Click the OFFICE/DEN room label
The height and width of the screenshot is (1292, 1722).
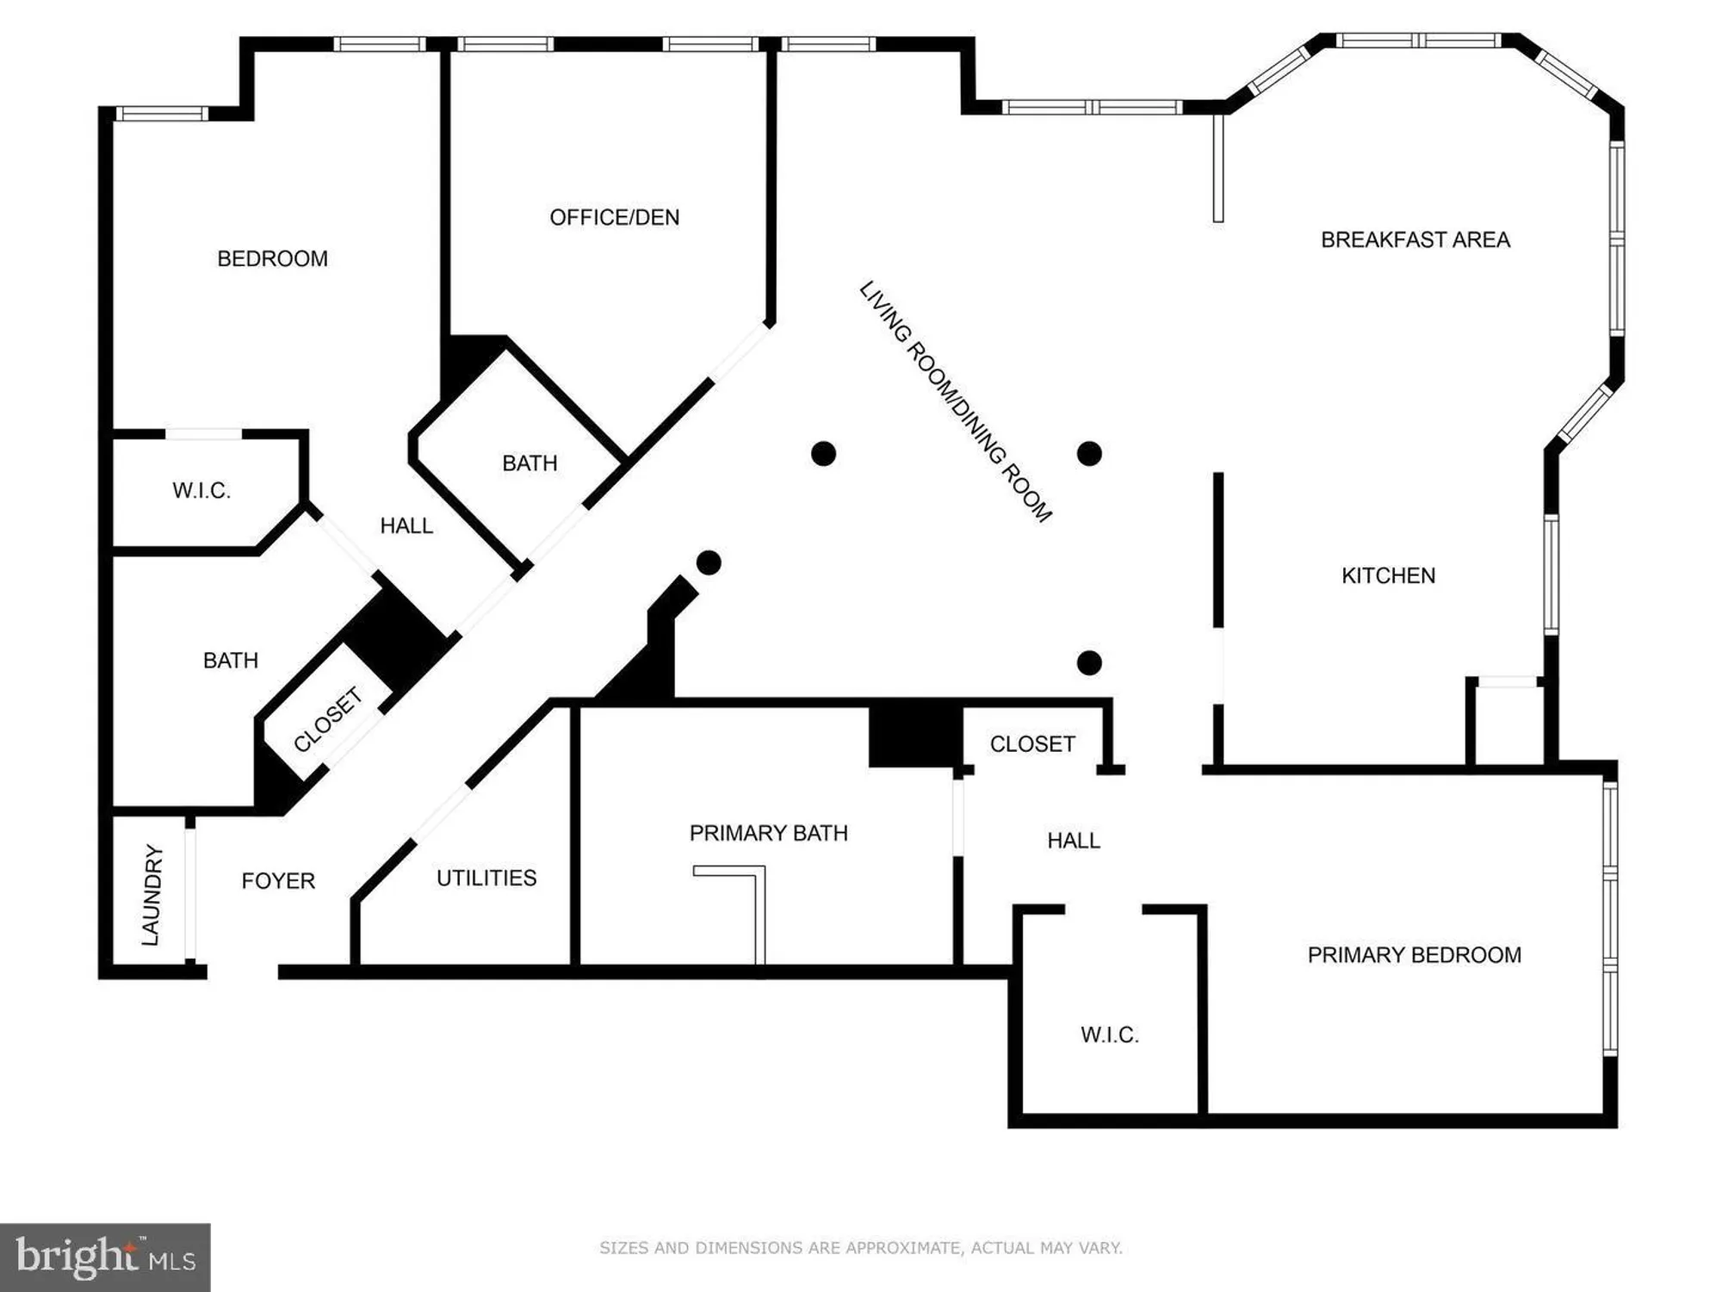click(x=614, y=217)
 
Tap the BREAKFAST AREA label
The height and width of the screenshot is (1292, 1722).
click(x=1415, y=239)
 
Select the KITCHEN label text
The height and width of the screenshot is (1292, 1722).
click(x=1388, y=575)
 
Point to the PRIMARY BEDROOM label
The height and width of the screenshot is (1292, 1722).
click(x=1414, y=954)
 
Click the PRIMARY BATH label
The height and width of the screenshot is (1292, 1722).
click(x=768, y=833)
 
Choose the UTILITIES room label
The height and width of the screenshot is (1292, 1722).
click(x=486, y=878)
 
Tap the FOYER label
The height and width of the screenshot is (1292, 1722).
click(x=277, y=880)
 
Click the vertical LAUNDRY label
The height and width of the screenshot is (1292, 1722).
click(x=152, y=894)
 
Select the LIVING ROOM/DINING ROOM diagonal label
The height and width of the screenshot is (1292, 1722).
click(x=955, y=401)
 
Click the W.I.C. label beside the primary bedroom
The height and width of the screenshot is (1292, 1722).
click(x=1109, y=1034)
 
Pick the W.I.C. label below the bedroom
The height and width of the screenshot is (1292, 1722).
click(x=201, y=490)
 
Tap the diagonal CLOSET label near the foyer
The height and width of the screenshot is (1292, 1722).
click(x=327, y=719)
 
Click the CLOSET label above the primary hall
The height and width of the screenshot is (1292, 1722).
click(x=1031, y=743)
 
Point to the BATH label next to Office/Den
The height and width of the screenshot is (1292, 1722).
click(x=530, y=463)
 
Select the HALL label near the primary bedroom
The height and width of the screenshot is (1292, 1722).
click(x=1073, y=840)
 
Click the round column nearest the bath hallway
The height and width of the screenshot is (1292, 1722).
click(x=709, y=562)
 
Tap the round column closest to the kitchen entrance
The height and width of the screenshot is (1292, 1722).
click(x=1089, y=662)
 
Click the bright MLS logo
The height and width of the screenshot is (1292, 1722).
click(x=105, y=1257)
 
